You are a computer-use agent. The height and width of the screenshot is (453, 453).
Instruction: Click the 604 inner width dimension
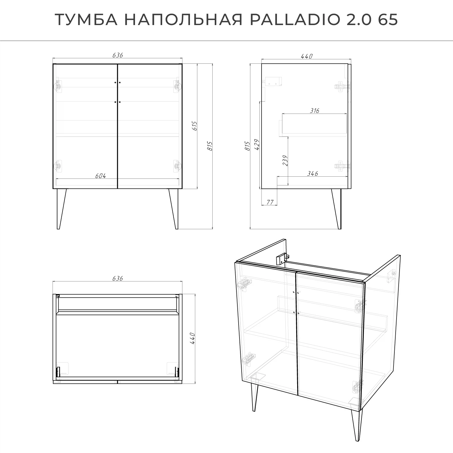click(x=101, y=176)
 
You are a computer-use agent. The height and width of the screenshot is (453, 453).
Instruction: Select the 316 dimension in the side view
click(x=314, y=111)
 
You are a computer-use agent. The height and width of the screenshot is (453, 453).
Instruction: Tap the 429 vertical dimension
click(x=257, y=145)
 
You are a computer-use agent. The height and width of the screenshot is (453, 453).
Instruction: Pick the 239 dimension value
click(x=285, y=161)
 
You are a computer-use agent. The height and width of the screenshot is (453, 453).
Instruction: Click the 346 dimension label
click(x=313, y=174)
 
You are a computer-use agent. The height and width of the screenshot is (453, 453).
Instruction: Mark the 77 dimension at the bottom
click(x=269, y=202)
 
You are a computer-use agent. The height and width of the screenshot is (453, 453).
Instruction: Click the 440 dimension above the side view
click(x=307, y=56)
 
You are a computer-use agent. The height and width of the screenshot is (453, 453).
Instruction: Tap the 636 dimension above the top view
click(x=117, y=278)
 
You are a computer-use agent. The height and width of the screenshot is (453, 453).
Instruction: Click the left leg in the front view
click(x=61, y=208)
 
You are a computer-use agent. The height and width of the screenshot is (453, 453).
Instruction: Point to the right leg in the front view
click(x=174, y=208)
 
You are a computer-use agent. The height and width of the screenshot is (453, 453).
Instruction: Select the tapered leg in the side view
click(x=337, y=208)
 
